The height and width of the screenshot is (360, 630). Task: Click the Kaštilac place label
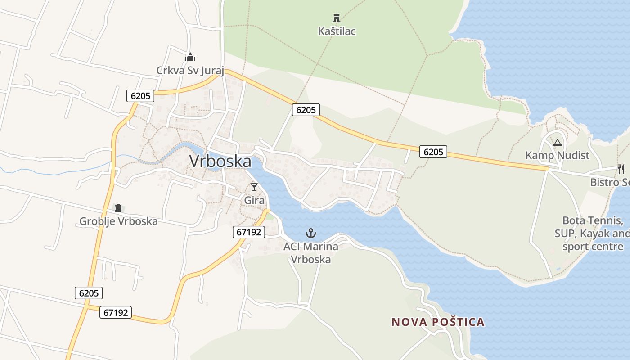pyautogui.click(x=337, y=31)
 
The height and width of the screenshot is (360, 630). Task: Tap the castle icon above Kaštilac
pyautogui.click(x=336, y=18)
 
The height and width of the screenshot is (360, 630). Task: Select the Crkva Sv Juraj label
pyautogui.click(x=189, y=70)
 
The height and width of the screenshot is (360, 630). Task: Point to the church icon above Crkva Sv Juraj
pyautogui.click(x=190, y=57)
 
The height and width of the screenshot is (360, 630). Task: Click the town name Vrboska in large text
pyautogui.click(x=220, y=161)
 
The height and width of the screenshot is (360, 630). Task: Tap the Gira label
pyautogui.click(x=254, y=200)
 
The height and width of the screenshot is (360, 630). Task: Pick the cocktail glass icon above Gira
pyautogui.click(x=254, y=187)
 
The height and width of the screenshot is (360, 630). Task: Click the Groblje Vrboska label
pyautogui.click(x=118, y=221)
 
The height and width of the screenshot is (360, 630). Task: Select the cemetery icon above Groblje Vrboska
pyautogui.click(x=118, y=208)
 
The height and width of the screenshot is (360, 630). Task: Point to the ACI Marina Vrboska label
pyautogui.click(x=310, y=253)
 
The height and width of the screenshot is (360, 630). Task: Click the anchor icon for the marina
pyautogui.click(x=310, y=233)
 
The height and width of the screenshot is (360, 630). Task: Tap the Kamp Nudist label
pyautogui.click(x=557, y=155)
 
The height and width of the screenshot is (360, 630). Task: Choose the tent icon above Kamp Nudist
pyautogui.click(x=558, y=143)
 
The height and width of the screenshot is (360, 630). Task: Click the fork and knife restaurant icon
pyautogui.click(x=621, y=169)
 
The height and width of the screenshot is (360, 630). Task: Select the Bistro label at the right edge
pyautogui.click(x=610, y=183)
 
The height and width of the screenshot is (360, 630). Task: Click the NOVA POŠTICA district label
pyautogui.click(x=438, y=322)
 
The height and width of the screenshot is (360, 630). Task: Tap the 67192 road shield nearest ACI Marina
pyautogui.click(x=249, y=232)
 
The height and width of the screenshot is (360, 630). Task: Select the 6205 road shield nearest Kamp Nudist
pyautogui.click(x=433, y=152)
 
